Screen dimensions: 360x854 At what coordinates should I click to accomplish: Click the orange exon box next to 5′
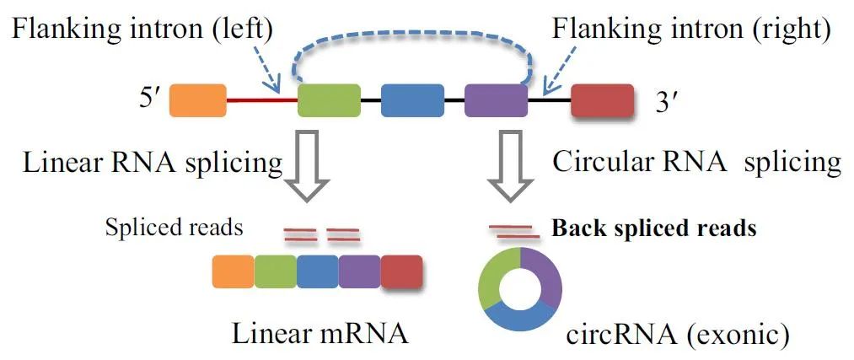pos(198,100)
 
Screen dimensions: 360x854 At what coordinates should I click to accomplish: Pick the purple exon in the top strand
pos(496,100)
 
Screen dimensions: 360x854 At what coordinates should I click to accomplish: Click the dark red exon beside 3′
pos(602,100)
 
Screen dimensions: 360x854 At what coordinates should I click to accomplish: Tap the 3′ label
pos(667,102)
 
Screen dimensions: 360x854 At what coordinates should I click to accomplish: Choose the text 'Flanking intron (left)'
pos(142,30)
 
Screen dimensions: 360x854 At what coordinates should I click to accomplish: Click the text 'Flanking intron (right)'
pos(691,30)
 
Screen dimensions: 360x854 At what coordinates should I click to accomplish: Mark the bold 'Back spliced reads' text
pos(653,228)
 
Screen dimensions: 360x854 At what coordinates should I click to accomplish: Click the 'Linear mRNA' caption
pos(320,333)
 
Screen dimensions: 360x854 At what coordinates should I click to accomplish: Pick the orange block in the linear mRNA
pos(233,272)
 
